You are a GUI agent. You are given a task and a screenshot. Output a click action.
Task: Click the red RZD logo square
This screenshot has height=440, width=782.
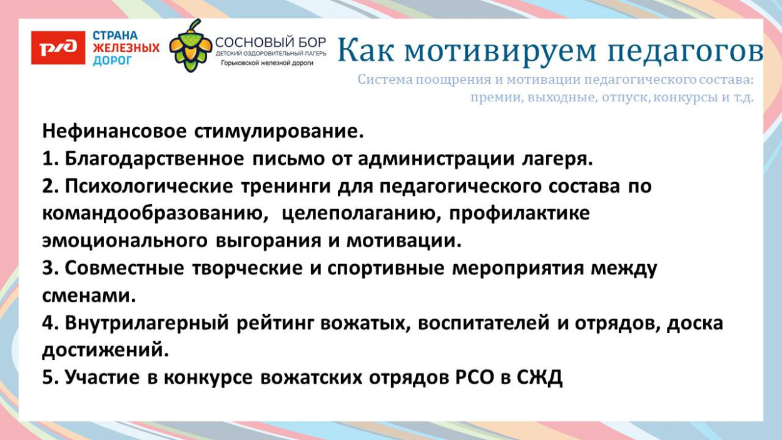(x=58, y=48)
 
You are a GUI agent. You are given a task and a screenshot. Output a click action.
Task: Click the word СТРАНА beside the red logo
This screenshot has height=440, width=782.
(x=116, y=35)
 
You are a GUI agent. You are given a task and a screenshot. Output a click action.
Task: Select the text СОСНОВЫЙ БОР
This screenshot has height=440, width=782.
(x=270, y=43)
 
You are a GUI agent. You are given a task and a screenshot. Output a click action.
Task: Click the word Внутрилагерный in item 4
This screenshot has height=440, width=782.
(x=148, y=323)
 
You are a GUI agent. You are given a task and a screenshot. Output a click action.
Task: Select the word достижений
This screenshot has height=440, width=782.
(x=105, y=350)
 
